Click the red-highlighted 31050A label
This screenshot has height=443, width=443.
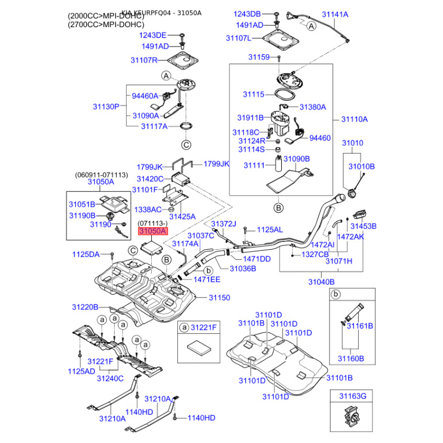click(152, 231)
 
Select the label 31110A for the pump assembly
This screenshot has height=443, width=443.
click(354, 119)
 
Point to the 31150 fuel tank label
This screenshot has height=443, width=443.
click(219, 298)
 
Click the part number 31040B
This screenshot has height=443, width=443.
click(321, 282)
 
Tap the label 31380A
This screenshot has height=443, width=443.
click(313, 107)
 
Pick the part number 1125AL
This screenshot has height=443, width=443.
click(270, 229)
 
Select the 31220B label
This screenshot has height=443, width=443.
click(85, 307)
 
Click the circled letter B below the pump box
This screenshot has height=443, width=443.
click(279, 208)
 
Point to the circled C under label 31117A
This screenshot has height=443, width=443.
click(186, 145)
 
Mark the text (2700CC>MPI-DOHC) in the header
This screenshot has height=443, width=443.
click(105, 25)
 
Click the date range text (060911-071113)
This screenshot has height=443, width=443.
click(102, 175)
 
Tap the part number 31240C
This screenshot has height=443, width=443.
click(110, 379)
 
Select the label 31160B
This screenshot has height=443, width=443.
click(352, 359)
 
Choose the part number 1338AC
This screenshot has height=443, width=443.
click(148, 210)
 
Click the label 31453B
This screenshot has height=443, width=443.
click(363, 226)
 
